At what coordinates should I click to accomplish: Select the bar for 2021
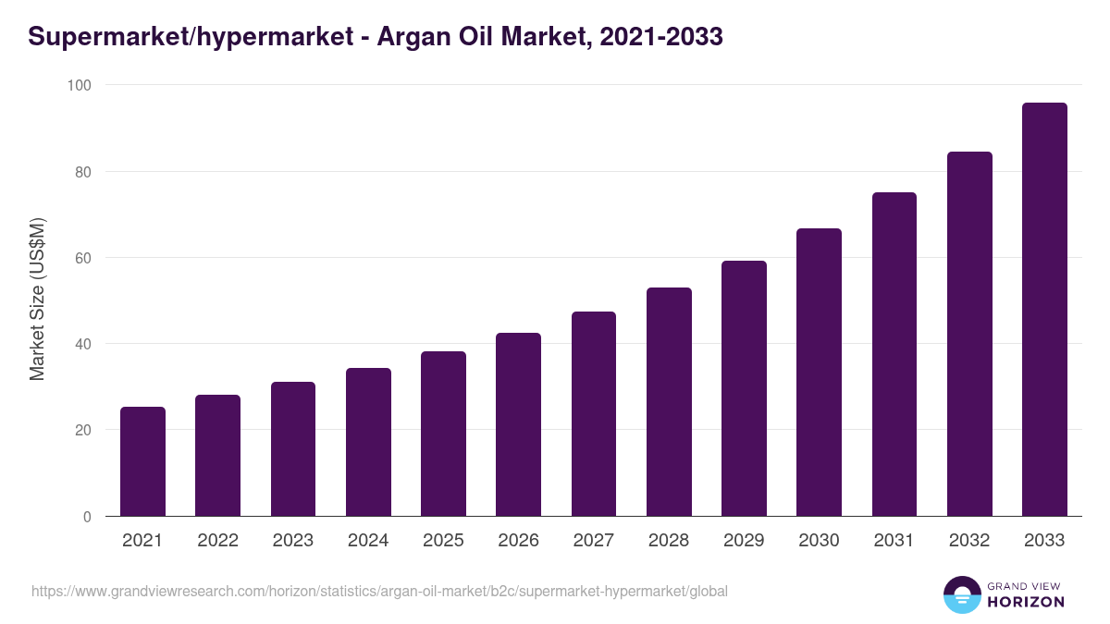142,461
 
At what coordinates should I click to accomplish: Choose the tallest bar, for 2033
1044,310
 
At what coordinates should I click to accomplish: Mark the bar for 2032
969,334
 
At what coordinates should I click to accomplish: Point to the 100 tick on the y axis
80,85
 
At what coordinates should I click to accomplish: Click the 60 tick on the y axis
83,258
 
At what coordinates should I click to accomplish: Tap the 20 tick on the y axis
83,430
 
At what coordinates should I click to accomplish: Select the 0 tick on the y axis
87,517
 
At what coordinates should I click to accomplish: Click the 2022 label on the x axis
217,541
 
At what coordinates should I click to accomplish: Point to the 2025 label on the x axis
443,541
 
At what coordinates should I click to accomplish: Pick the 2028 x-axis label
669,541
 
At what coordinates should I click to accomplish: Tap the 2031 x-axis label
894,541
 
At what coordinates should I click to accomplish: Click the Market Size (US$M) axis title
37,300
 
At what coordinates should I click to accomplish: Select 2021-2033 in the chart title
661,37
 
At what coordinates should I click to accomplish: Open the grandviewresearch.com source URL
379,591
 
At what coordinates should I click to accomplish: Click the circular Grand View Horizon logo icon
961,594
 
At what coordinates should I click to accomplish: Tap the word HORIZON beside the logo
1027,602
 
